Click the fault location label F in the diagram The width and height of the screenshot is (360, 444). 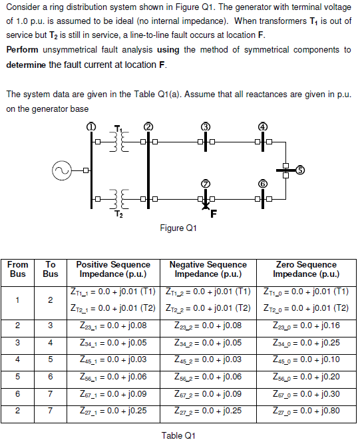pos(214,214)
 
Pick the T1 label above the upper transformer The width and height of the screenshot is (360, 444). pos(118,128)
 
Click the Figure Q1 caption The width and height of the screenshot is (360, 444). pos(179,228)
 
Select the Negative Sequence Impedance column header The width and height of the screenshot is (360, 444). pos(208,269)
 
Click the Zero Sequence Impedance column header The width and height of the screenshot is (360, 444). pos(305,269)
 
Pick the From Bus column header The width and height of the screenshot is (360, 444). pos(18,269)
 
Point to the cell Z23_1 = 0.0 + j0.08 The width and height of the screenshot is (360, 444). pos(112,326)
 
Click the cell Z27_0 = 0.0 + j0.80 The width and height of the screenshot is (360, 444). pos(305,412)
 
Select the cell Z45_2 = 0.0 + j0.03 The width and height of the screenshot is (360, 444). pos(208,360)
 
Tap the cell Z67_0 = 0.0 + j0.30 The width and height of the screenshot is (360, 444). pos(305,395)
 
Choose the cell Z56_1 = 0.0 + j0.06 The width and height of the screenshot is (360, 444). pos(112,377)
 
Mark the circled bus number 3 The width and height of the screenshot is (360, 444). pos(206,127)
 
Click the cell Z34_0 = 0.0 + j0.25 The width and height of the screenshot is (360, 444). pos(305,343)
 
